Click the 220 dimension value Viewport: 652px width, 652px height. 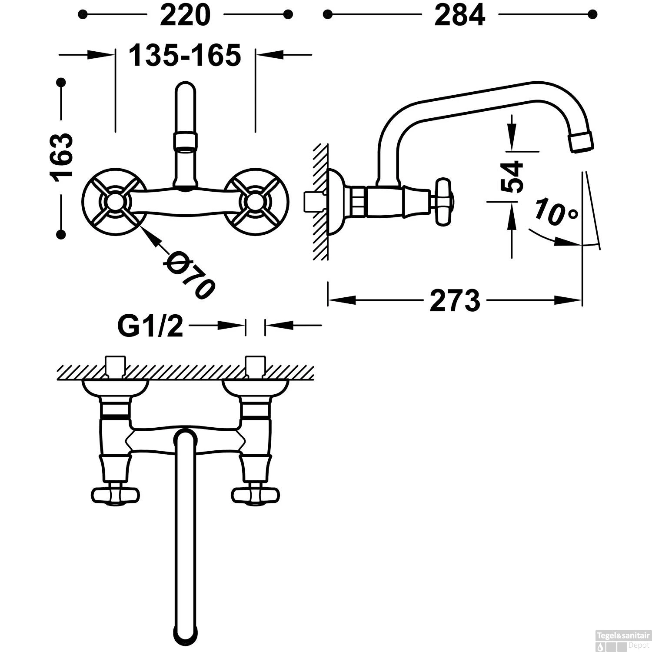185,16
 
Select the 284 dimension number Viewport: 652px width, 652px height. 459,16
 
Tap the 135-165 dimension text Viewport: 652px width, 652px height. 185,55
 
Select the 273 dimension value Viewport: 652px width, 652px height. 455,300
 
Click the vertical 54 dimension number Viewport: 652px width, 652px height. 512,176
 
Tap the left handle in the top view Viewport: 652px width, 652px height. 115,494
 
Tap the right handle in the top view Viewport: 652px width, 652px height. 256,494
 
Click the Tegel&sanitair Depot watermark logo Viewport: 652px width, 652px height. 624,639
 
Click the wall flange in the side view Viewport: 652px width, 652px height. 335,202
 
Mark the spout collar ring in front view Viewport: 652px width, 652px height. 186,141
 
